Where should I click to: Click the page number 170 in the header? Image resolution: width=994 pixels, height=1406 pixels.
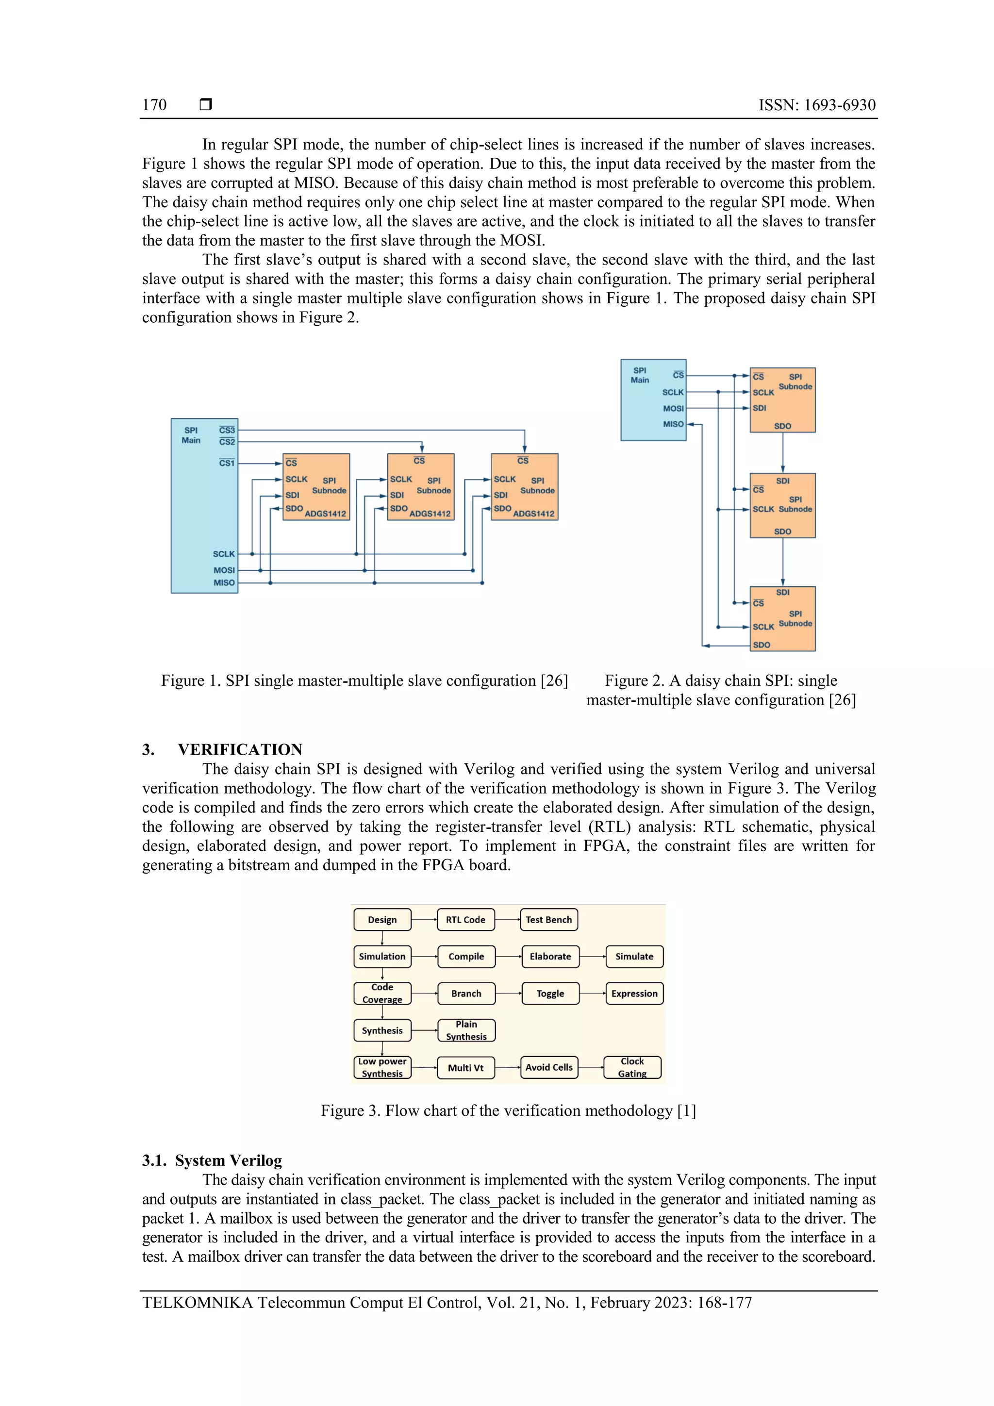click(154, 105)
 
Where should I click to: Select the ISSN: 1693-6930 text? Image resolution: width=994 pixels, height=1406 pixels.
click(816, 105)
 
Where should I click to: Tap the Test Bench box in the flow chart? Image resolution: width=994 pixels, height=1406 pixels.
click(549, 919)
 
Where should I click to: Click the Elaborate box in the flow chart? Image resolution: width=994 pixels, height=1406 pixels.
click(550, 956)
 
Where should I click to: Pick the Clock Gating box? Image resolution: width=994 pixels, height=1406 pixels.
click(632, 1067)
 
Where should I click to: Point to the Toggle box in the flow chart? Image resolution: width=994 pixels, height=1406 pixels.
click(550, 993)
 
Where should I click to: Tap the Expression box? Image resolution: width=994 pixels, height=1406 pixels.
click(634, 993)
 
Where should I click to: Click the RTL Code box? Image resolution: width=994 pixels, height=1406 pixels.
click(465, 919)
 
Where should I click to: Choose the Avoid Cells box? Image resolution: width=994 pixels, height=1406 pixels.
click(549, 1067)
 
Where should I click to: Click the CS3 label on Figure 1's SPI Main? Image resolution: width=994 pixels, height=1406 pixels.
click(227, 430)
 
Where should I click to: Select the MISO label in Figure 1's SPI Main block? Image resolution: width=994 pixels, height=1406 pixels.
click(224, 582)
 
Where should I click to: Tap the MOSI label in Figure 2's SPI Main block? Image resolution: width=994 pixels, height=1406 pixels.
click(673, 409)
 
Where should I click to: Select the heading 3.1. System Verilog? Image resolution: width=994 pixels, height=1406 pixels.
click(212, 1160)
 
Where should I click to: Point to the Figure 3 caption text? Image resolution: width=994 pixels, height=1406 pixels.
click(508, 1111)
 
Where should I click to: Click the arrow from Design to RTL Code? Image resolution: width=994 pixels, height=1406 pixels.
click(424, 919)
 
